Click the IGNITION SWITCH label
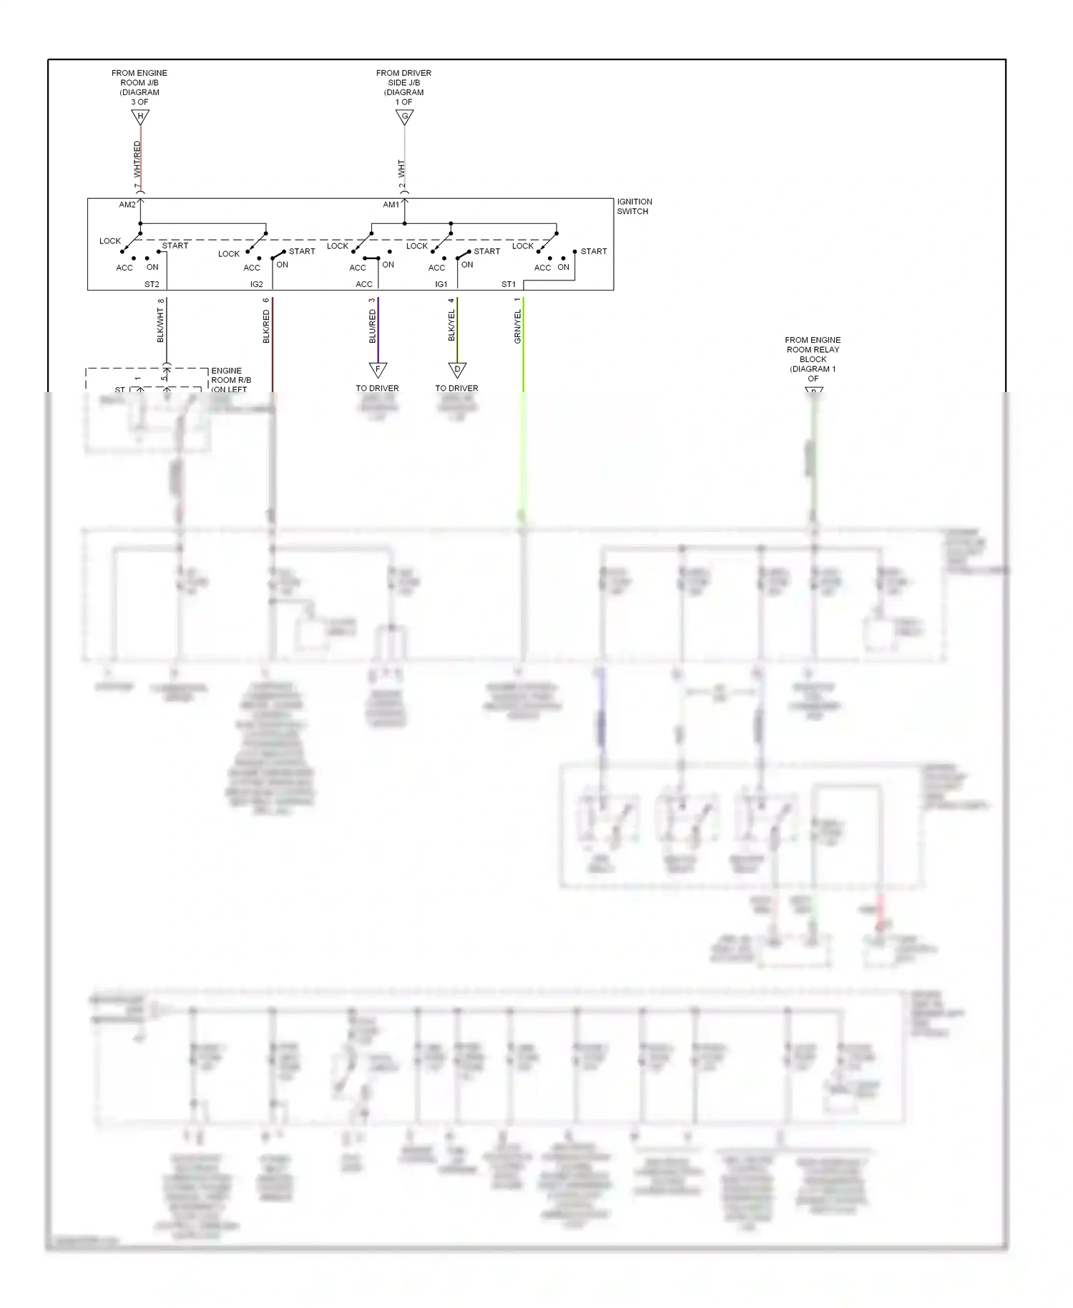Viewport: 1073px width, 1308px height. pos(634,207)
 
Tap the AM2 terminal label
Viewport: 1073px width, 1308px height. pos(127,205)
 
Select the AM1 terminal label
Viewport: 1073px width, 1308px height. pos(391,205)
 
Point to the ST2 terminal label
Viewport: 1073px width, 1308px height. pos(152,284)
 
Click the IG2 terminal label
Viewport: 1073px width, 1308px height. pos(257,284)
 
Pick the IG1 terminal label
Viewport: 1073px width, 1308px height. pos(441,284)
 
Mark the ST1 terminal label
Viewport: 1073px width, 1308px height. pos(509,284)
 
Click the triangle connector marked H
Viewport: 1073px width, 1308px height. pos(140,117)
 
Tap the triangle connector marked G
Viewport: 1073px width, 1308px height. pos(405,117)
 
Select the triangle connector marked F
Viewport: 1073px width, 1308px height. pos(378,370)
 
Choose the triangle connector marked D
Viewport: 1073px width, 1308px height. pos(457,370)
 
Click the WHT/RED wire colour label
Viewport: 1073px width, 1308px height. pos(137,159)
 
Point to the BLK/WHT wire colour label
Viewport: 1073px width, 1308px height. pos(161,326)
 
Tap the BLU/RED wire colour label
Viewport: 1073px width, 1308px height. pos(373,326)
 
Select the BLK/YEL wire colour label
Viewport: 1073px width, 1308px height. pos(451,326)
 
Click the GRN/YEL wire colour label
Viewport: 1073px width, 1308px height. pos(518,326)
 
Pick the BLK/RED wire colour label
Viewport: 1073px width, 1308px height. pos(267,326)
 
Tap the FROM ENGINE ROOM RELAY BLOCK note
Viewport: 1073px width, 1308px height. pos(813,359)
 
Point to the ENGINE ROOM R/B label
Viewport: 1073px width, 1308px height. pos(230,380)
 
